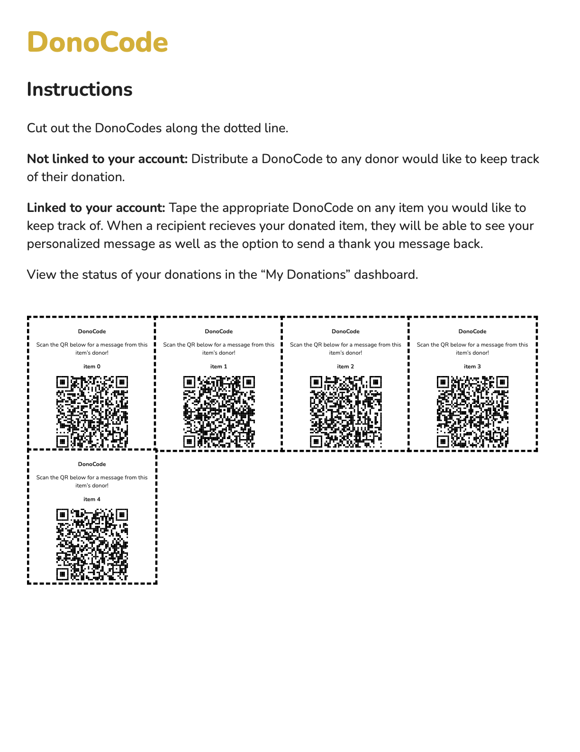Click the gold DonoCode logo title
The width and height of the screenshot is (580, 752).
tap(98, 42)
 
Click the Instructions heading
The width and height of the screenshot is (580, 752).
tap(80, 90)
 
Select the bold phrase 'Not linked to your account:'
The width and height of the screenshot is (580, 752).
tap(107, 159)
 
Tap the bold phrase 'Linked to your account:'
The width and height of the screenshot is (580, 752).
tap(96, 208)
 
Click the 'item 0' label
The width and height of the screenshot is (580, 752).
tap(92, 367)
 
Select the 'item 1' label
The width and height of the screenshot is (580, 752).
tap(219, 367)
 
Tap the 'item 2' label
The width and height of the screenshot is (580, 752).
tap(345, 367)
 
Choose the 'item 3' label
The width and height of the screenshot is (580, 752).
tap(472, 367)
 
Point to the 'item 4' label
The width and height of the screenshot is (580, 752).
tap(92, 499)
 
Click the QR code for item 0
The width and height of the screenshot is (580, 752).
tap(92, 412)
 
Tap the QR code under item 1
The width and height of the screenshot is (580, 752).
tap(219, 412)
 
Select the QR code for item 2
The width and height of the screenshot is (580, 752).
tap(345, 412)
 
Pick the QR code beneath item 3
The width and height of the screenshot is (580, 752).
tap(472, 412)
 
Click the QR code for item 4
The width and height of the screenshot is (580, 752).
tap(92, 544)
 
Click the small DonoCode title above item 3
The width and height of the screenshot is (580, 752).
tap(472, 331)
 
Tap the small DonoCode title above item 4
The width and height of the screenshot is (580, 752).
tap(92, 464)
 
